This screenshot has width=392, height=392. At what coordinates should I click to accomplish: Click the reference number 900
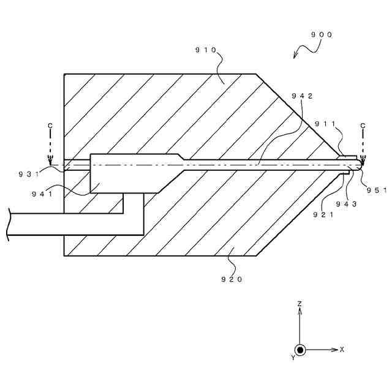click(x=321, y=35)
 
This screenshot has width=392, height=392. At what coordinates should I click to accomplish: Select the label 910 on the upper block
click(x=206, y=51)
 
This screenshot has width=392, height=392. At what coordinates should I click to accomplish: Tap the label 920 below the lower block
click(x=232, y=279)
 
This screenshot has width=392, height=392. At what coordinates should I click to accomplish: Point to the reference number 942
click(x=303, y=96)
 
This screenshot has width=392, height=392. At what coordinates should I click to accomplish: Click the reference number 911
click(x=325, y=124)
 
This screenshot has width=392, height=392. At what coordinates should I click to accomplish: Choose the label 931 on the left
click(x=28, y=174)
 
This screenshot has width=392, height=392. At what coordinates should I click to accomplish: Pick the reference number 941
click(x=42, y=194)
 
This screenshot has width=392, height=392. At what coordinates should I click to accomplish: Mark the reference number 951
click(x=377, y=190)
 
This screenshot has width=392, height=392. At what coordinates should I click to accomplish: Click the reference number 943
click(x=346, y=205)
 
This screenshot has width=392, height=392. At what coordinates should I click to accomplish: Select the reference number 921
click(x=323, y=214)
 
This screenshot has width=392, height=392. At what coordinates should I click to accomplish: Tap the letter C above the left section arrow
click(x=50, y=126)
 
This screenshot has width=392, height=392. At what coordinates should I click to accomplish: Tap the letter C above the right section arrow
click(x=363, y=126)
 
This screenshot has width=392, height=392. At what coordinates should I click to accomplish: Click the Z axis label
click(x=300, y=304)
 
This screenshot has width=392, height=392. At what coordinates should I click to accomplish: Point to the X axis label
click(x=342, y=350)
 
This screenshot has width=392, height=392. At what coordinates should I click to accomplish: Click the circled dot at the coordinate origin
click(x=300, y=350)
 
